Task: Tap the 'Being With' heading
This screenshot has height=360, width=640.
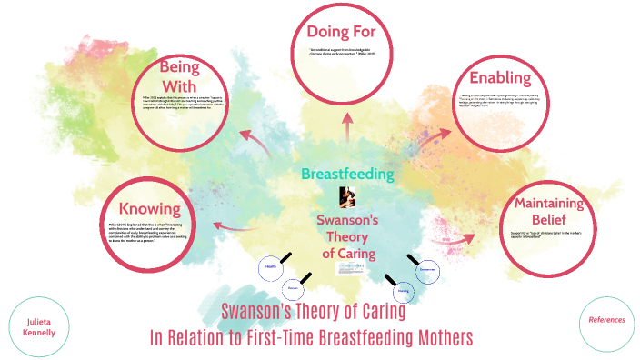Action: coord(179,77)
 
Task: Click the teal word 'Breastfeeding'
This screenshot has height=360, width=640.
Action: coord(346,173)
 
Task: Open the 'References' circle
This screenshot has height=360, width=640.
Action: coord(606,320)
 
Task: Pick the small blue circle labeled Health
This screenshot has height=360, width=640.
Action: coord(270,267)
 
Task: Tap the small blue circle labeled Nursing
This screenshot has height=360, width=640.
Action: coord(402,292)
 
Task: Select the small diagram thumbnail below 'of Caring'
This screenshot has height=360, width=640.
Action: coord(346,269)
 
